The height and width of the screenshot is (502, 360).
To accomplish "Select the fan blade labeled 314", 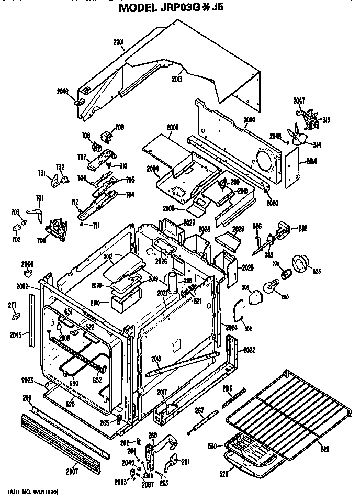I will pyautogui.click(x=300, y=137).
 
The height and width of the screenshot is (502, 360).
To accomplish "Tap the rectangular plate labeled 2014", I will pyautogui.click(x=290, y=167).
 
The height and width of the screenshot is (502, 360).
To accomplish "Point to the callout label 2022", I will pyautogui.click(x=249, y=350).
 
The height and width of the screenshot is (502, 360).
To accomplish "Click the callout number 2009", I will pyautogui.click(x=173, y=127).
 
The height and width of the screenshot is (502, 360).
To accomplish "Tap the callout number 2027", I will pyautogui.click(x=188, y=223).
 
